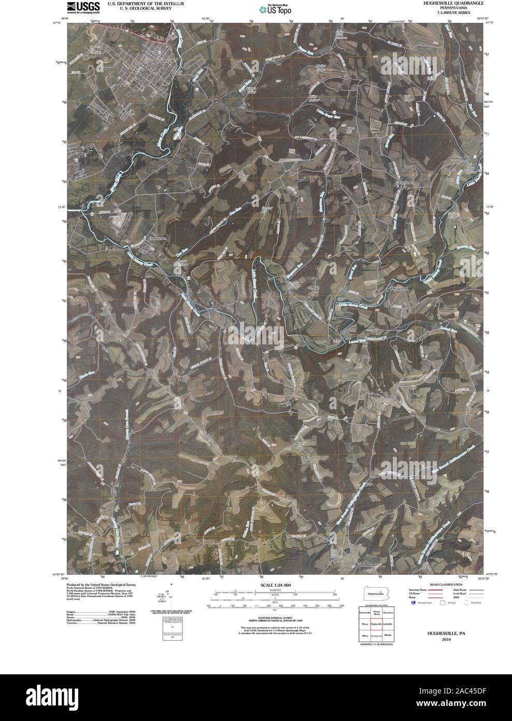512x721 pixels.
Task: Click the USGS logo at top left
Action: (83, 8)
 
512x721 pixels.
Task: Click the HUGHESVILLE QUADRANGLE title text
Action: (453, 3)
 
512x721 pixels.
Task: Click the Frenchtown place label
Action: (405, 183)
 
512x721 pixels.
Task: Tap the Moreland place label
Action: (400, 288)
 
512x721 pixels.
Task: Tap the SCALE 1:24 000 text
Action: (273, 585)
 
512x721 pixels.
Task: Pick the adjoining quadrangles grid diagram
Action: (376, 626)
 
